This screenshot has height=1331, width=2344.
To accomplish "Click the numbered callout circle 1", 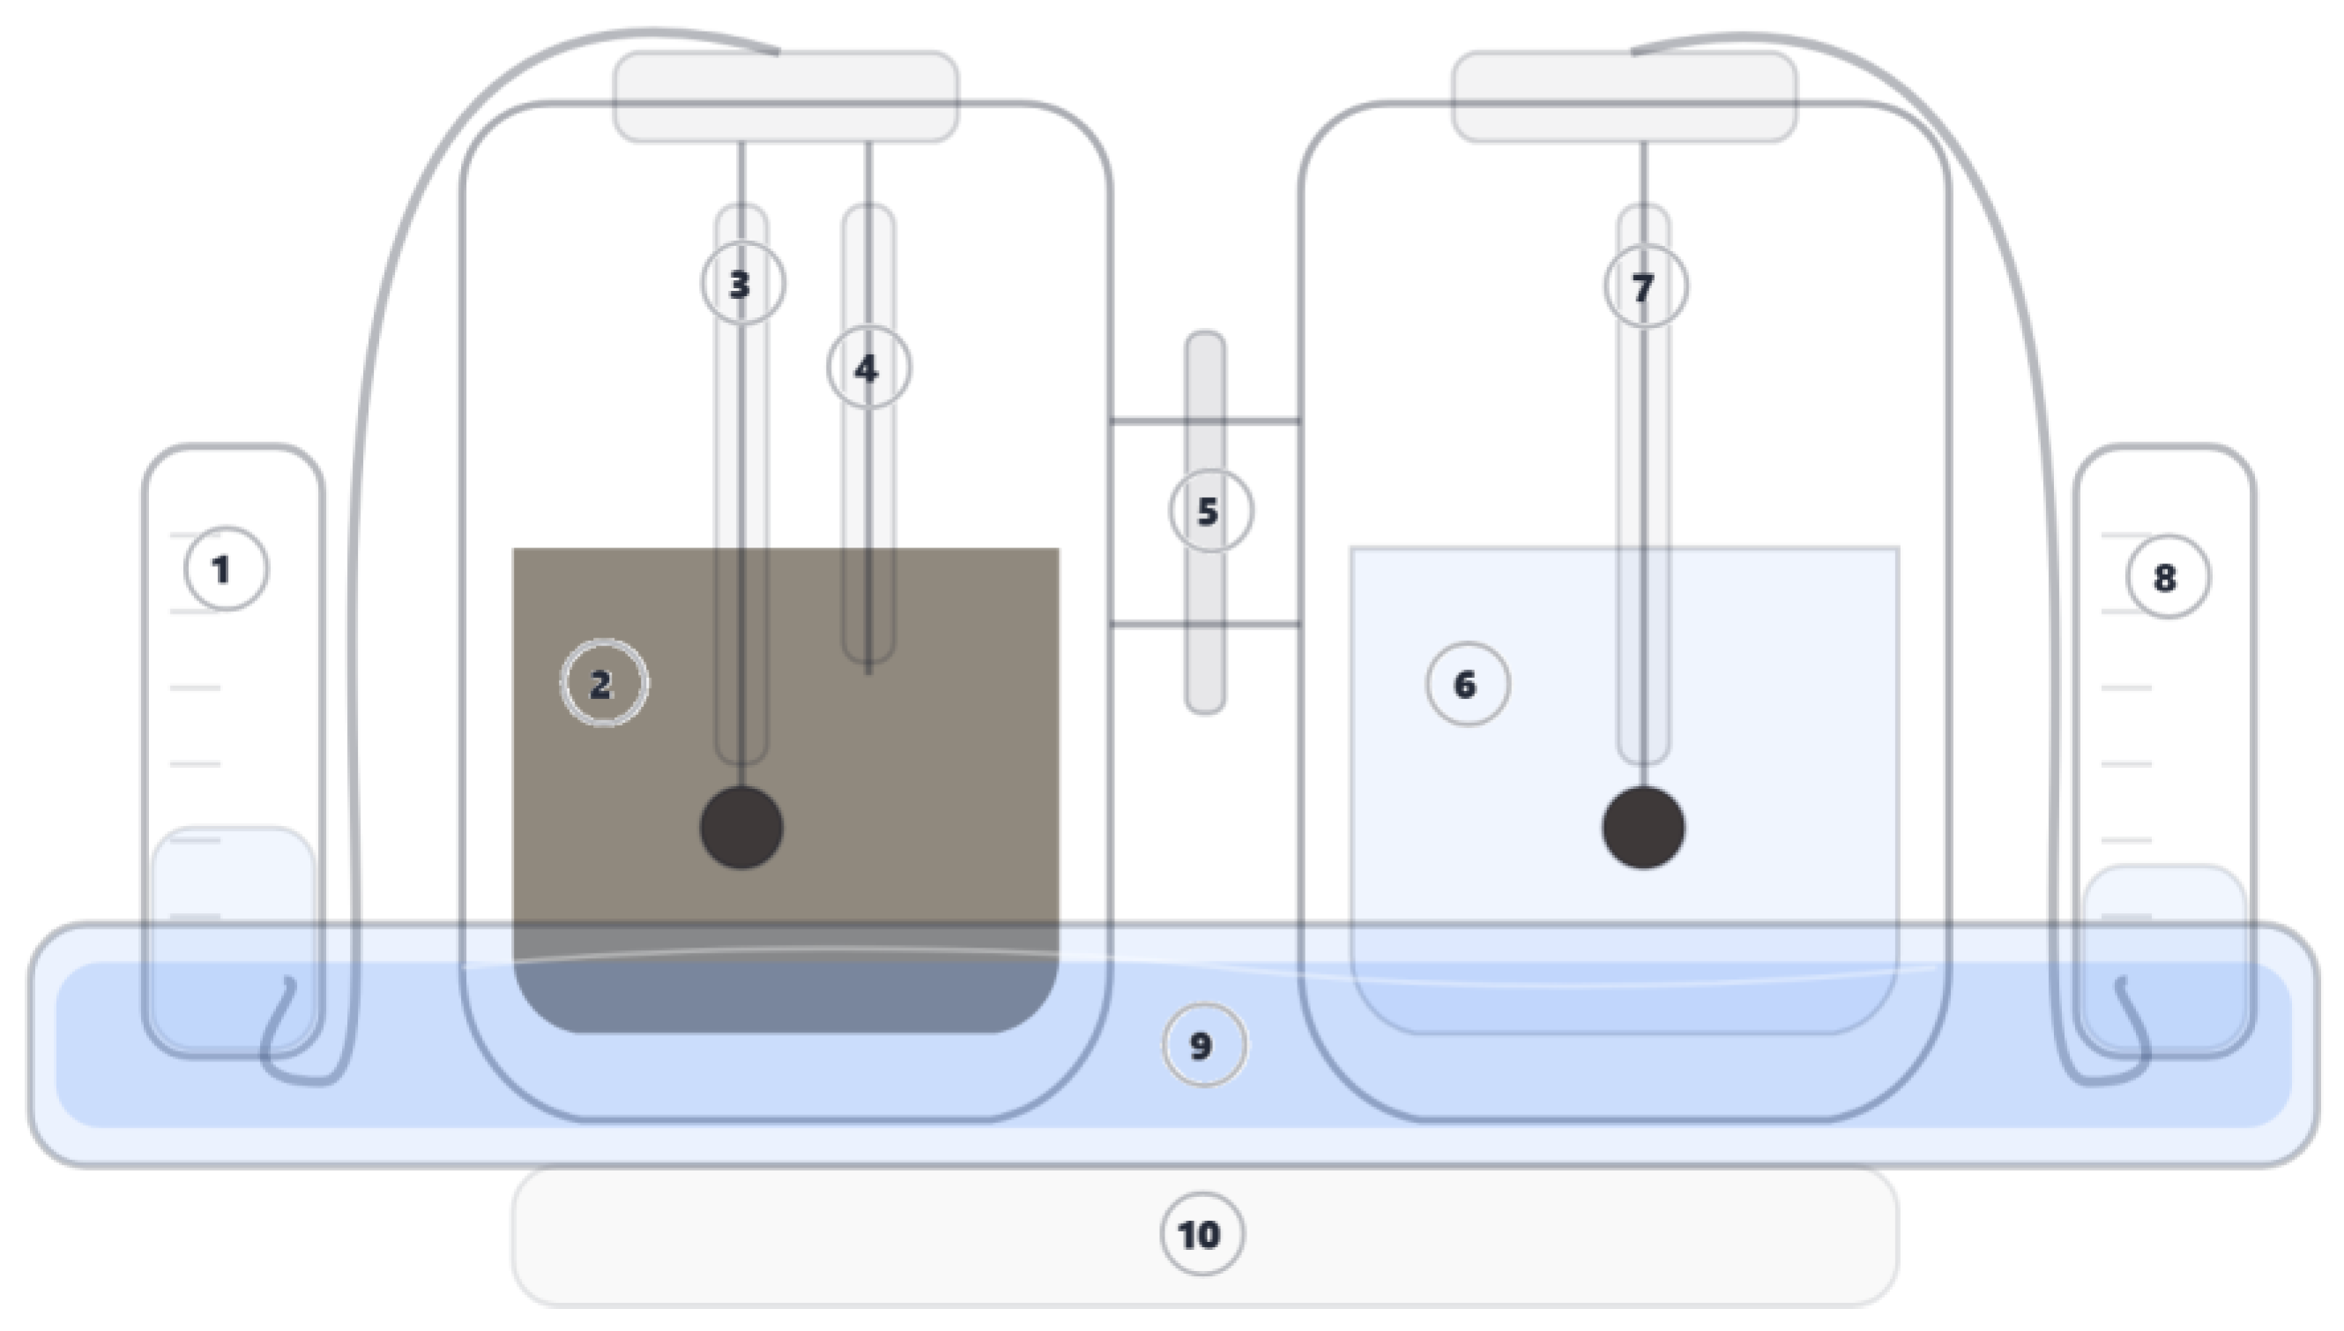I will (226, 569).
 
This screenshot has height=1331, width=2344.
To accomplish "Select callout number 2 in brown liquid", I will (603, 684).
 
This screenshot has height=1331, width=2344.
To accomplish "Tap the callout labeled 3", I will (742, 283).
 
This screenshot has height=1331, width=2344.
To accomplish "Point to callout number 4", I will (868, 368).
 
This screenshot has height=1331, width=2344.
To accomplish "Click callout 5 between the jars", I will (1210, 511).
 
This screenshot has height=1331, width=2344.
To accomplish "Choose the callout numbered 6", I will (1467, 684).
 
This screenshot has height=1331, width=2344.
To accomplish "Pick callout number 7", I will (1645, 287).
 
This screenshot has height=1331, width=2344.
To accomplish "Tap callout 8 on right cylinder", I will (2168, 576).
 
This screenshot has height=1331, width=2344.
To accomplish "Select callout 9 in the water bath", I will (1203, 1045).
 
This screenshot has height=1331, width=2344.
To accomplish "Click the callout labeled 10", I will (1202, 1234).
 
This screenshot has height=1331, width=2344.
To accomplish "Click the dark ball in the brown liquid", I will (741, 828).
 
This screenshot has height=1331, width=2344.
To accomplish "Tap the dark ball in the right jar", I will (1643, 828).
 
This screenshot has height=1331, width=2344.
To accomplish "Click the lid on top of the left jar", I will (786, 96).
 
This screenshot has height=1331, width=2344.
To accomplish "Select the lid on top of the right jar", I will (1624, 96).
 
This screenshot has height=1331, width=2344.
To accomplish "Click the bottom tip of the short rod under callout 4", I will (868, 672).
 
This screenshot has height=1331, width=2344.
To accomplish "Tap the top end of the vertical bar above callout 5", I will (1205, 338).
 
